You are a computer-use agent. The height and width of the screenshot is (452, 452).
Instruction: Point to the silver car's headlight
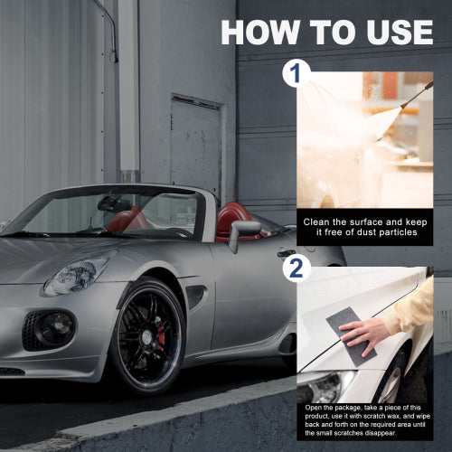tap(78, 274)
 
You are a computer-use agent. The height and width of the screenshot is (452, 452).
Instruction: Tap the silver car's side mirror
tap(242, 232)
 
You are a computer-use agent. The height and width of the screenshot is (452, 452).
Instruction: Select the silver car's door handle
tap(286, 252)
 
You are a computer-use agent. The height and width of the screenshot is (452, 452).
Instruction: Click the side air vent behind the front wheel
tap(195, 296)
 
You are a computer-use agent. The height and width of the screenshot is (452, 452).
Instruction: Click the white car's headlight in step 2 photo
tap(325, 387)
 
